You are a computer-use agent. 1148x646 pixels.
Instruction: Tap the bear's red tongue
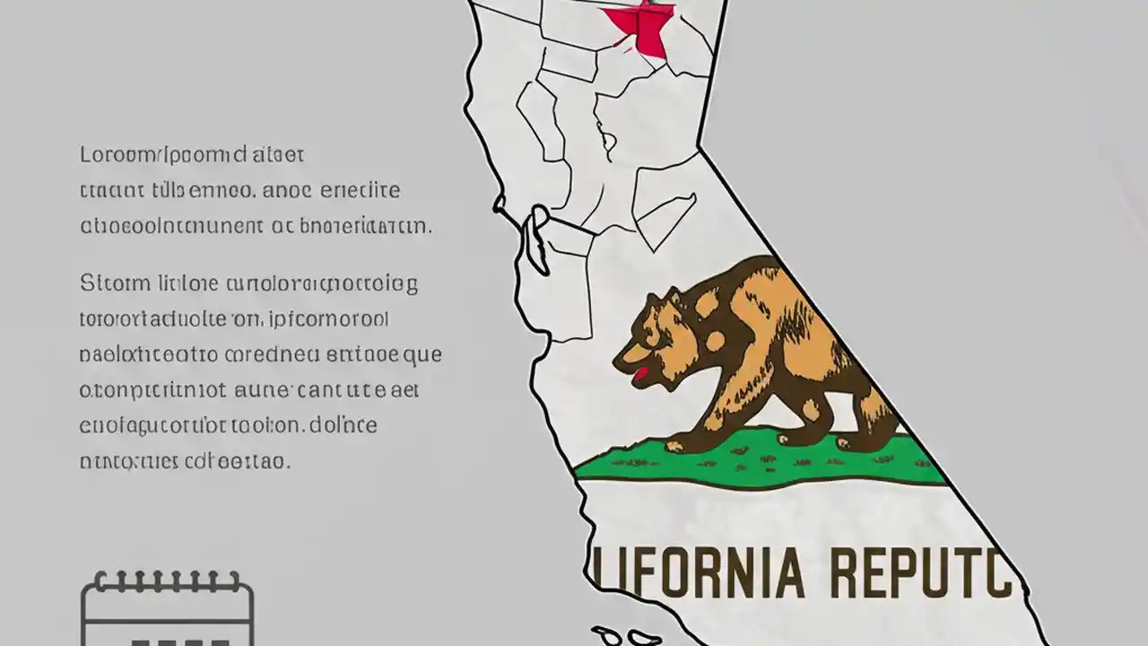pyautogui.click(x=640, y=373)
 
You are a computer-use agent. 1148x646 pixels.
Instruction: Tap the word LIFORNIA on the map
pyautogui.click(x=700, y=574)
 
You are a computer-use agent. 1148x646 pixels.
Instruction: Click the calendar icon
pyautogui.click(x=167, y=610)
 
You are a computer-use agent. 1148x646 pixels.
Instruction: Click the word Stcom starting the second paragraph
pyautogui.click(x=116, y=284)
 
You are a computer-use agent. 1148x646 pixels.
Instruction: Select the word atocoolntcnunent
pyautogui.click(x=170, y=225)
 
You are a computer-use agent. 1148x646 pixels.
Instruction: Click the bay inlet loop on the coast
pyautogui.click(x=538, y=239)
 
